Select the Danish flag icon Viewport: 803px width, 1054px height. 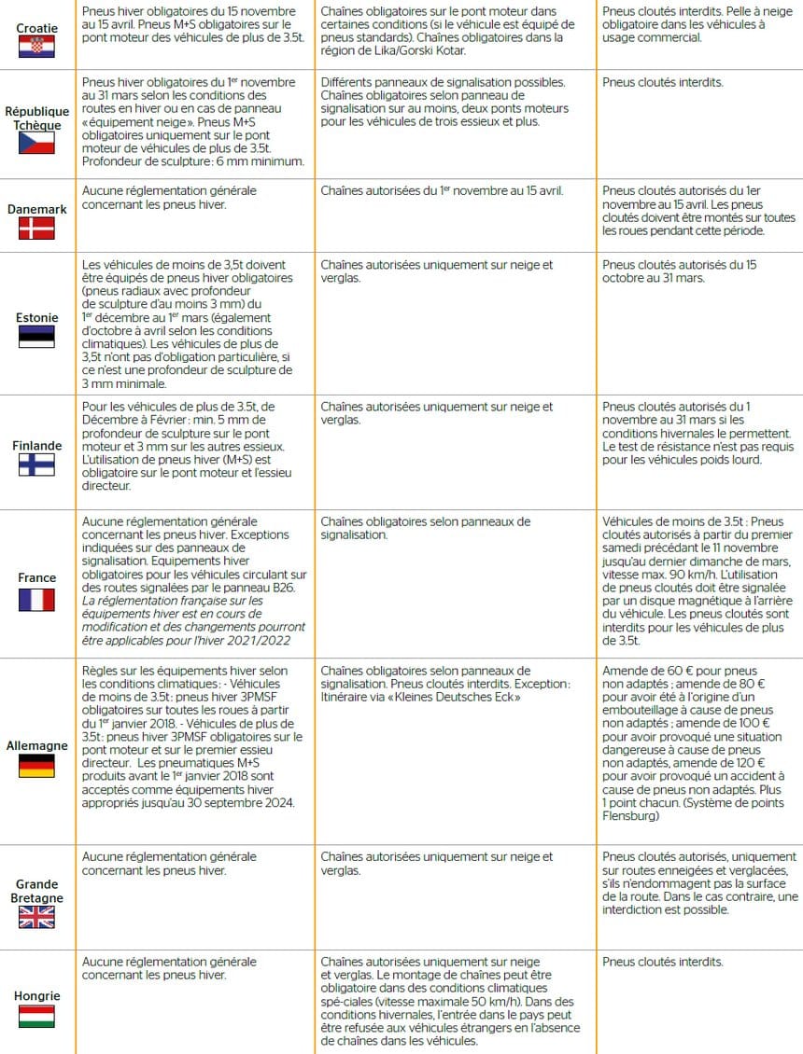pos(36,229)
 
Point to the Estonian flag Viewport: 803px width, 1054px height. pos(36,337)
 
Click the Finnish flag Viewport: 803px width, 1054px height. pos(36,465)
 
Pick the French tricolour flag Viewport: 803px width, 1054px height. pos(36,599)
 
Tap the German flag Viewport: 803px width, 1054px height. pos(36,767)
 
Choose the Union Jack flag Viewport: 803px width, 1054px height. pos(36,918)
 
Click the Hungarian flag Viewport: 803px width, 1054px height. pos(36,1016)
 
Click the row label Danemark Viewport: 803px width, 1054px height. pos(36,210)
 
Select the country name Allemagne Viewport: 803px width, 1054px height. pos(36,745)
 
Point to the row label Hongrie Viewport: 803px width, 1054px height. pos(36,995)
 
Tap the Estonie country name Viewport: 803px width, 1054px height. pos(36,317)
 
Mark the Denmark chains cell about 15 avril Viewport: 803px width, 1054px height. pos(442,191)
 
